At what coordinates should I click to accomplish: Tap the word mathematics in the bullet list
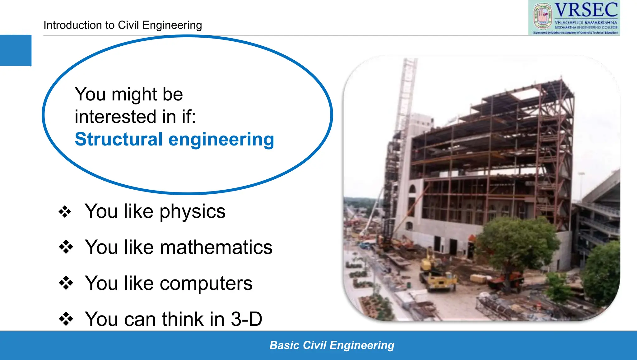point(216,247)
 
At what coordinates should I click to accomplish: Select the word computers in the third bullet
point(206,284)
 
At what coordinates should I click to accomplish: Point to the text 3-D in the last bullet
point(246,319)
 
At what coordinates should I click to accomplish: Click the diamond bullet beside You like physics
point(65,212)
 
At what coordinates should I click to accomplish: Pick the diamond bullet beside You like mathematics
point(66,247)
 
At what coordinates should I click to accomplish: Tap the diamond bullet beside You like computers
point(66,283)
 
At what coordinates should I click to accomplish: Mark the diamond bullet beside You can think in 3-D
point(66,319)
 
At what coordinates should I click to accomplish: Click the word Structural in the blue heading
point(119,139)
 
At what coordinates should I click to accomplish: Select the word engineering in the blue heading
point(221,140)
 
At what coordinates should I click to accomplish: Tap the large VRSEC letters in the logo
point(586,10)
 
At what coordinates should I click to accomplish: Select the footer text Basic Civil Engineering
point(332,345)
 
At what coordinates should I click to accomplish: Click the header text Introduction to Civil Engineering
point(123,25)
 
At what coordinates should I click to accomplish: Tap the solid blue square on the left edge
point(16,50)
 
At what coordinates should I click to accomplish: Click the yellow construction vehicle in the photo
point(439,276)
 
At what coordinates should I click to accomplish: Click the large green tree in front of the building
point(516,242)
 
